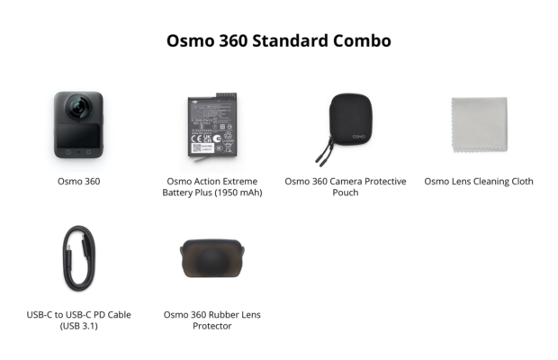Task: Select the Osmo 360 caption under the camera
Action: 77,181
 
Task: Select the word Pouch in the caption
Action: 346,193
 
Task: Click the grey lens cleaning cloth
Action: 478,127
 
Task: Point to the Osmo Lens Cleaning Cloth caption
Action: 479,181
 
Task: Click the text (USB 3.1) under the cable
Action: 77,326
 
